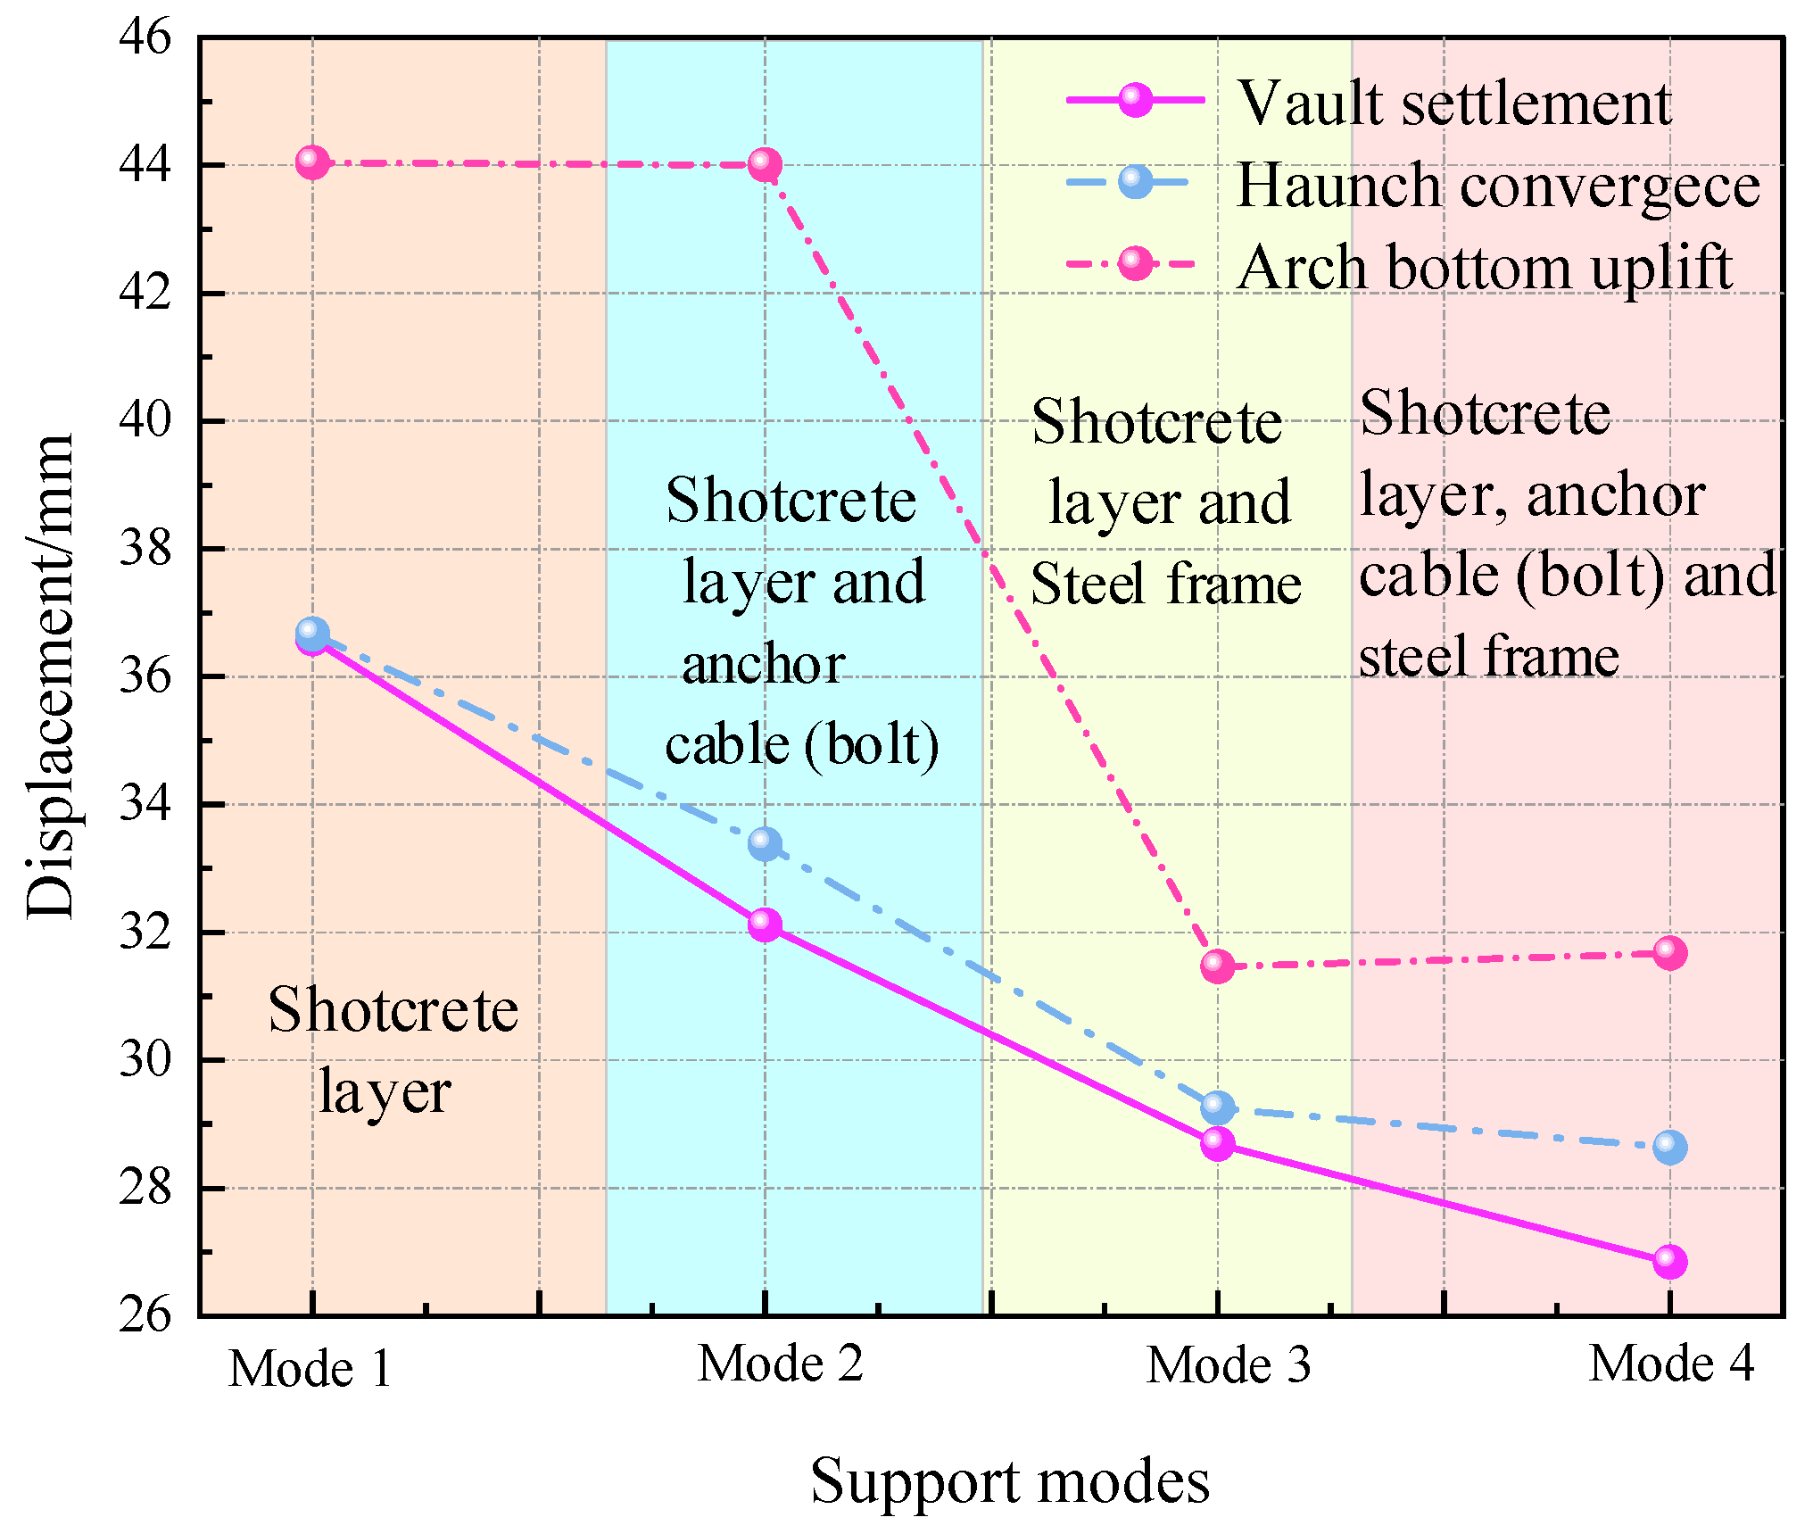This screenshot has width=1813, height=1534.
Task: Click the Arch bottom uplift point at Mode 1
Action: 311,162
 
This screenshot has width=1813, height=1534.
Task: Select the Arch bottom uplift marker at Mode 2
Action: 765,164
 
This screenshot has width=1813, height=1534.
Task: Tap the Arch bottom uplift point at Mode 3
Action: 1217,966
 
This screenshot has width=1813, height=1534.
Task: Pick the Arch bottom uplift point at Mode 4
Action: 1669,953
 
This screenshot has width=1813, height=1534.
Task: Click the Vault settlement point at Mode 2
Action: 765,925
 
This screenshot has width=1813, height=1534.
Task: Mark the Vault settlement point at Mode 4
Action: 1669,1261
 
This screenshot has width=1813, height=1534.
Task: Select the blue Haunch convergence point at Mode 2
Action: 765,843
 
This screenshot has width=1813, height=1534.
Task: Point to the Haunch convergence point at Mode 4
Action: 1669,1147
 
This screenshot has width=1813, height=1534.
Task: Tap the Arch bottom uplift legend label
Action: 1485,267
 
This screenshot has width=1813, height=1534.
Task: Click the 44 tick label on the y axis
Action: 145,165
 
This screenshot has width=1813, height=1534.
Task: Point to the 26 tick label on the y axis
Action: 145,1314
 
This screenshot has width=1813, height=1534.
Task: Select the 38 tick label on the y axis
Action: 145,548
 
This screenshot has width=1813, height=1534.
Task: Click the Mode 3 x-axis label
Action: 1228,1364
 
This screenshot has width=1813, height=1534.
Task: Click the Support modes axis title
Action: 1009,1480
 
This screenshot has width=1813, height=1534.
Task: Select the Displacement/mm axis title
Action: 50,676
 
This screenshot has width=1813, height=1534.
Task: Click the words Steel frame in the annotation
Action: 1165,585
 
